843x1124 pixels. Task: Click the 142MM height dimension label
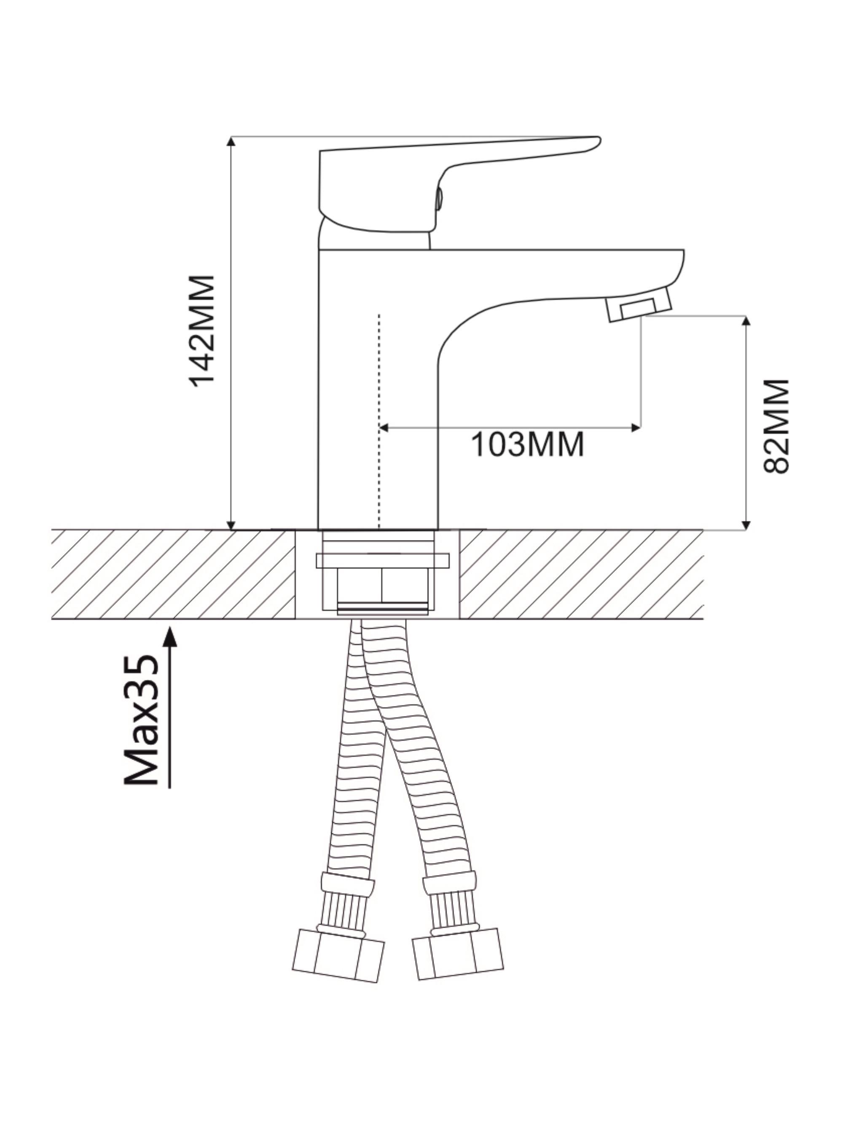coord(202,331)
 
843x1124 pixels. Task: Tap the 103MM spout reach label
coord(527,445)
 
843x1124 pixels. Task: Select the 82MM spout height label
coord(776,426)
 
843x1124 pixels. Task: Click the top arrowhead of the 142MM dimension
coord(231,142)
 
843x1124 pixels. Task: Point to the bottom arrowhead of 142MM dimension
coord(231,524)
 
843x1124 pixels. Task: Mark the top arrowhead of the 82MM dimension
coord(746,321)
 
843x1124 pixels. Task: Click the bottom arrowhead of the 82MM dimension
coord(746,524)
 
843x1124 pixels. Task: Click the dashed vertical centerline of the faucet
coord(379,421)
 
